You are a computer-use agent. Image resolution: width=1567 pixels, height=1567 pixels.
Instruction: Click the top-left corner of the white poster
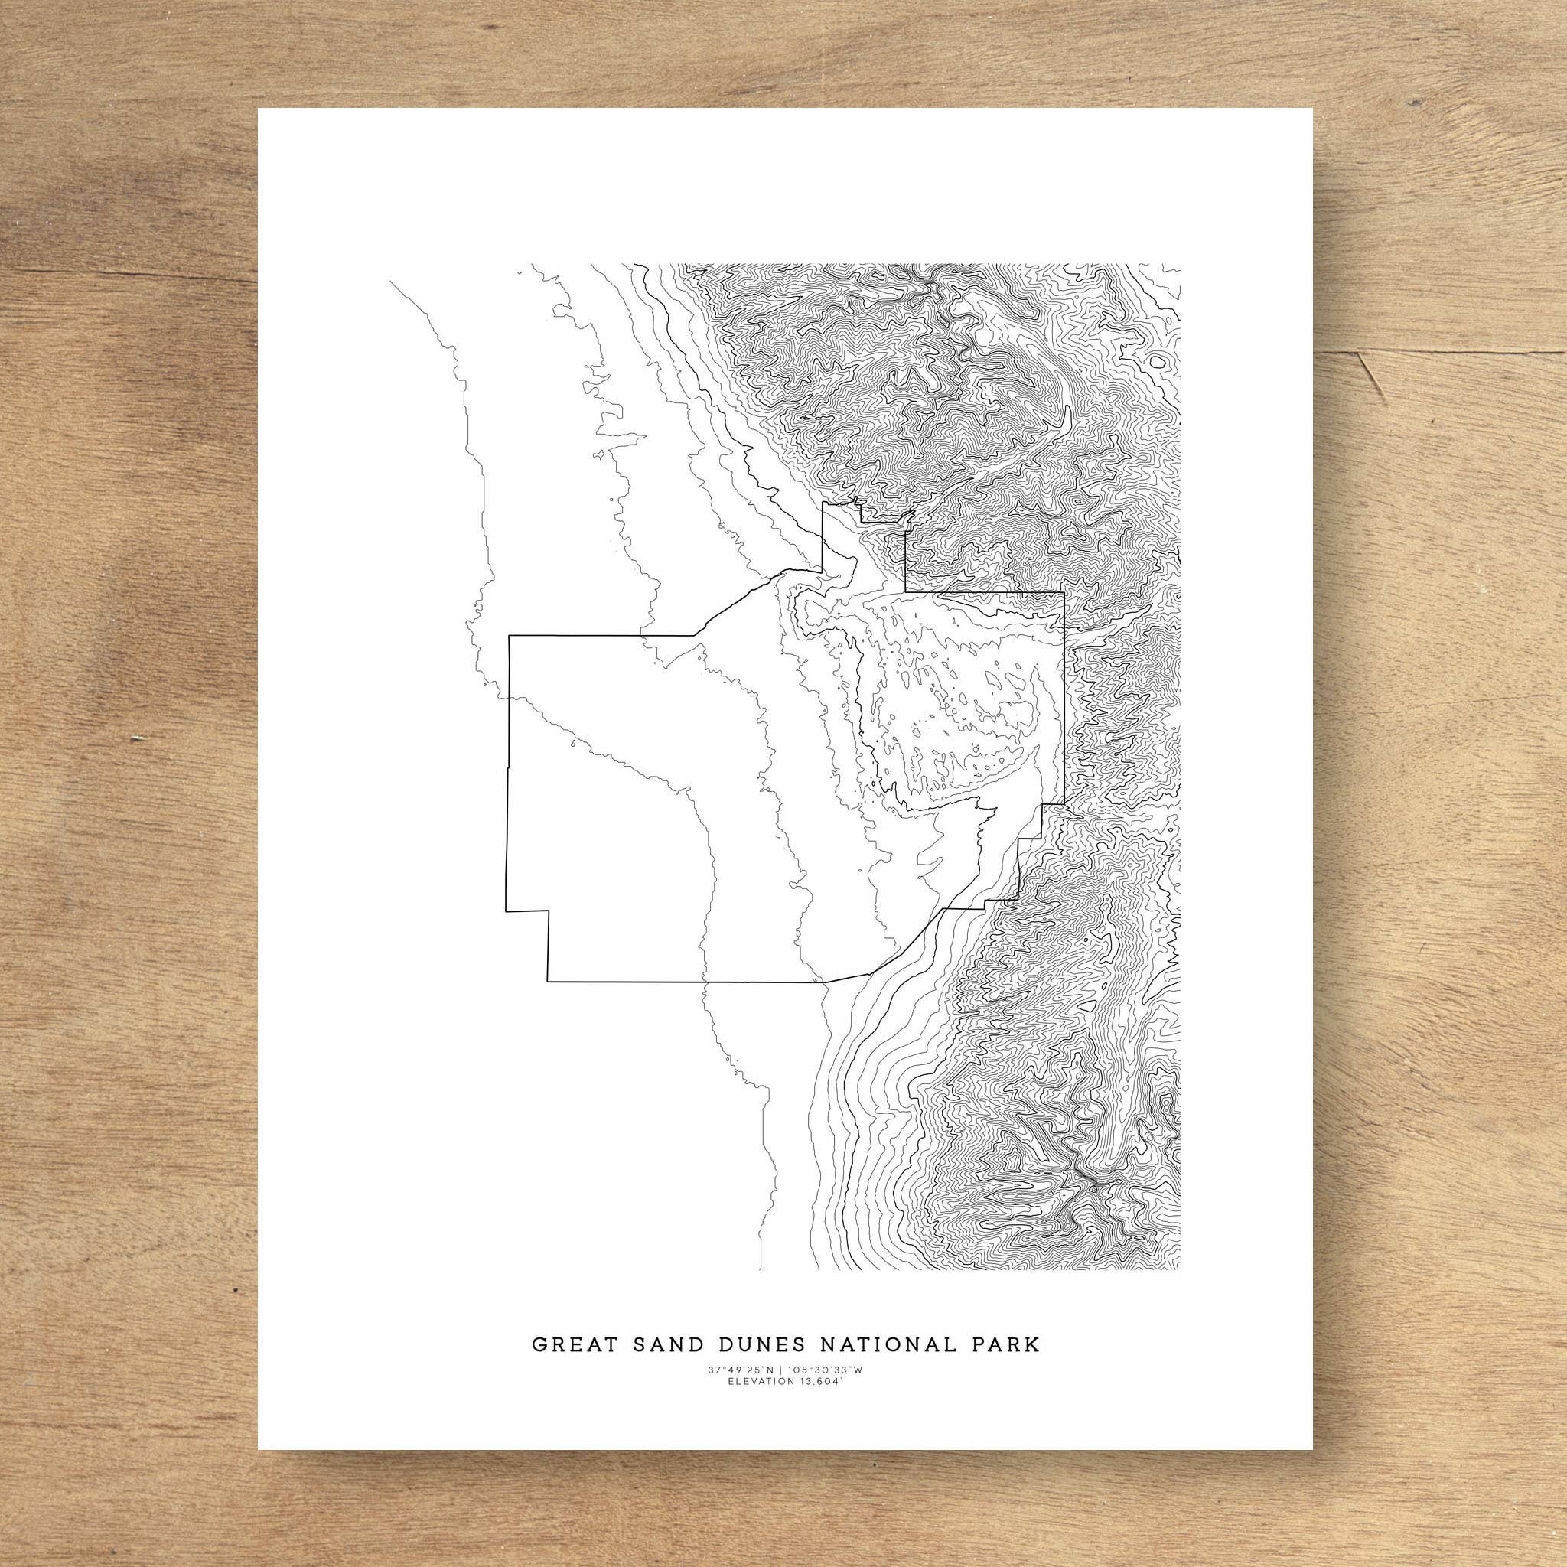tap(259, 109)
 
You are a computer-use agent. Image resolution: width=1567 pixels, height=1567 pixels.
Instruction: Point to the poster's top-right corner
tap(1334, 109)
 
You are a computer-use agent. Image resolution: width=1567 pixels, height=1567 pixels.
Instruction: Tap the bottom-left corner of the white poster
tap(259, 1450)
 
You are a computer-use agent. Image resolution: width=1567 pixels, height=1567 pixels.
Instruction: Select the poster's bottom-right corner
tap(1334, 1450)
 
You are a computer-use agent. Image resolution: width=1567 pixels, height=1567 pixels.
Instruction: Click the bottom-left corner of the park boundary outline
tap(548, 982)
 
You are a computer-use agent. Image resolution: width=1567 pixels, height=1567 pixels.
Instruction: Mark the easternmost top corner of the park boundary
tap(1064, 594)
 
